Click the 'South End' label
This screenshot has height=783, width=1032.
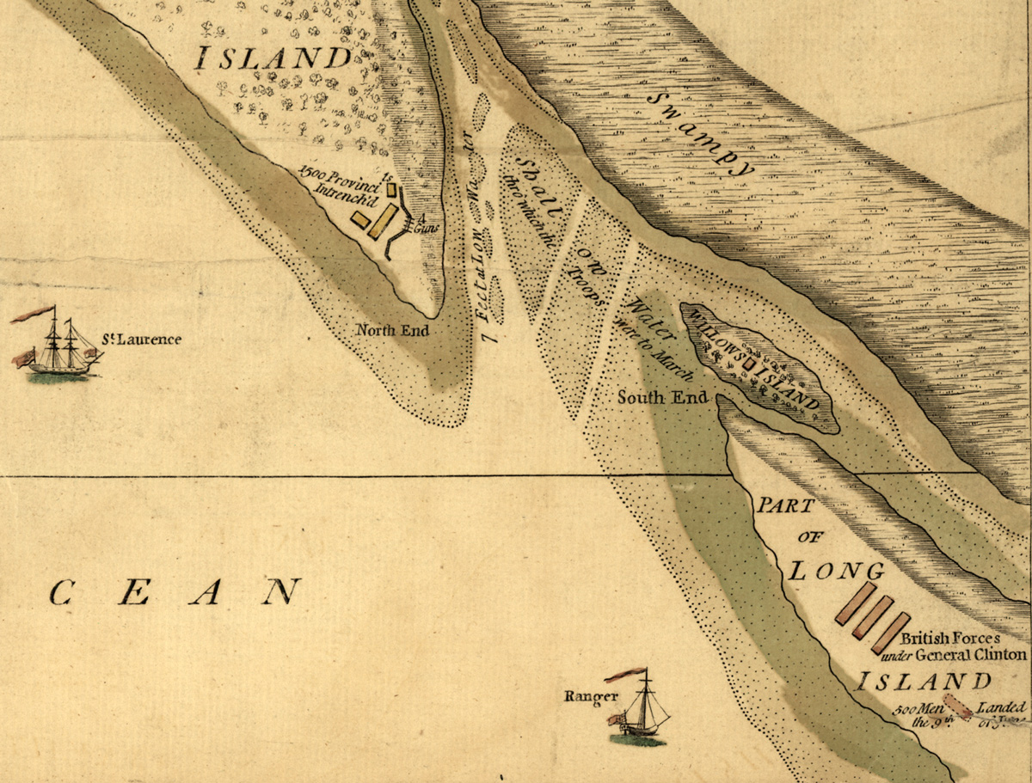pos(663,397)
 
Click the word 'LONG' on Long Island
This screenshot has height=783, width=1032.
pos(838,571)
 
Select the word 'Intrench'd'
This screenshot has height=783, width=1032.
pos(344,193)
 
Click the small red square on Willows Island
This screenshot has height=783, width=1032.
pos(747,364)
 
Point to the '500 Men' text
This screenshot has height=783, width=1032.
pos(912,712)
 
